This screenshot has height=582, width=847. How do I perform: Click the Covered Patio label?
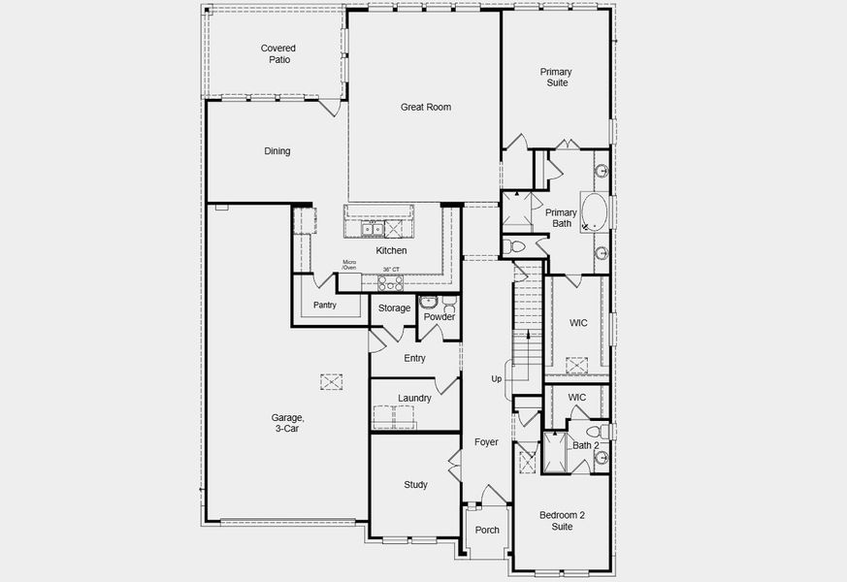pyautogui.click(x=277, y=53)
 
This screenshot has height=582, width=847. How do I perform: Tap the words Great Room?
pyautogui.click(x=426, y=107)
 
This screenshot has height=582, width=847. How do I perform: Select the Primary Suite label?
pyautogui.click(x=556, y=78)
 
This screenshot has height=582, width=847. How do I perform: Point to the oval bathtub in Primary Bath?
pyautogui.click(x=593, y=212)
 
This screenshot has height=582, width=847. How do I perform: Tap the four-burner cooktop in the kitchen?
pyautogui.click(x=390, y=282)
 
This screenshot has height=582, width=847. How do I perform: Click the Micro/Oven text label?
pyautogui.click(x=350, y=265)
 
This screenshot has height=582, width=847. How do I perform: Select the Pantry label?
pyautogui.click(x=324, y=305)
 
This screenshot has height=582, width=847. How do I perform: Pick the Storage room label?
pyautogui.click(x=394, y=308)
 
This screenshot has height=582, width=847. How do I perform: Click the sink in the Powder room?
pyautogui.click(x=429, y=301)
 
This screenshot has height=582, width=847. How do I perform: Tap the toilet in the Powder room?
pyautogui.click(x=446, y=301)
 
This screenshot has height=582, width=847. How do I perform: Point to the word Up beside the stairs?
pyautogui.click(x=496, y=379)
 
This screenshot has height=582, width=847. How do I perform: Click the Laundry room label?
pyautogui.click(x=414, y=398)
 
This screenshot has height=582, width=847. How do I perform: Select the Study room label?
pyautogui.click(x=415, y=485)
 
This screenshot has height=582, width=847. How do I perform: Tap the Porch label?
pyautogui.click(x=487, y=530)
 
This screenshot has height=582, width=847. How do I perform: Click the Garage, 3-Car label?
pyautogui.click(x=285, y=422)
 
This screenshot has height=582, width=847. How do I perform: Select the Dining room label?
pyautogui.click(x=277, y=151)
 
